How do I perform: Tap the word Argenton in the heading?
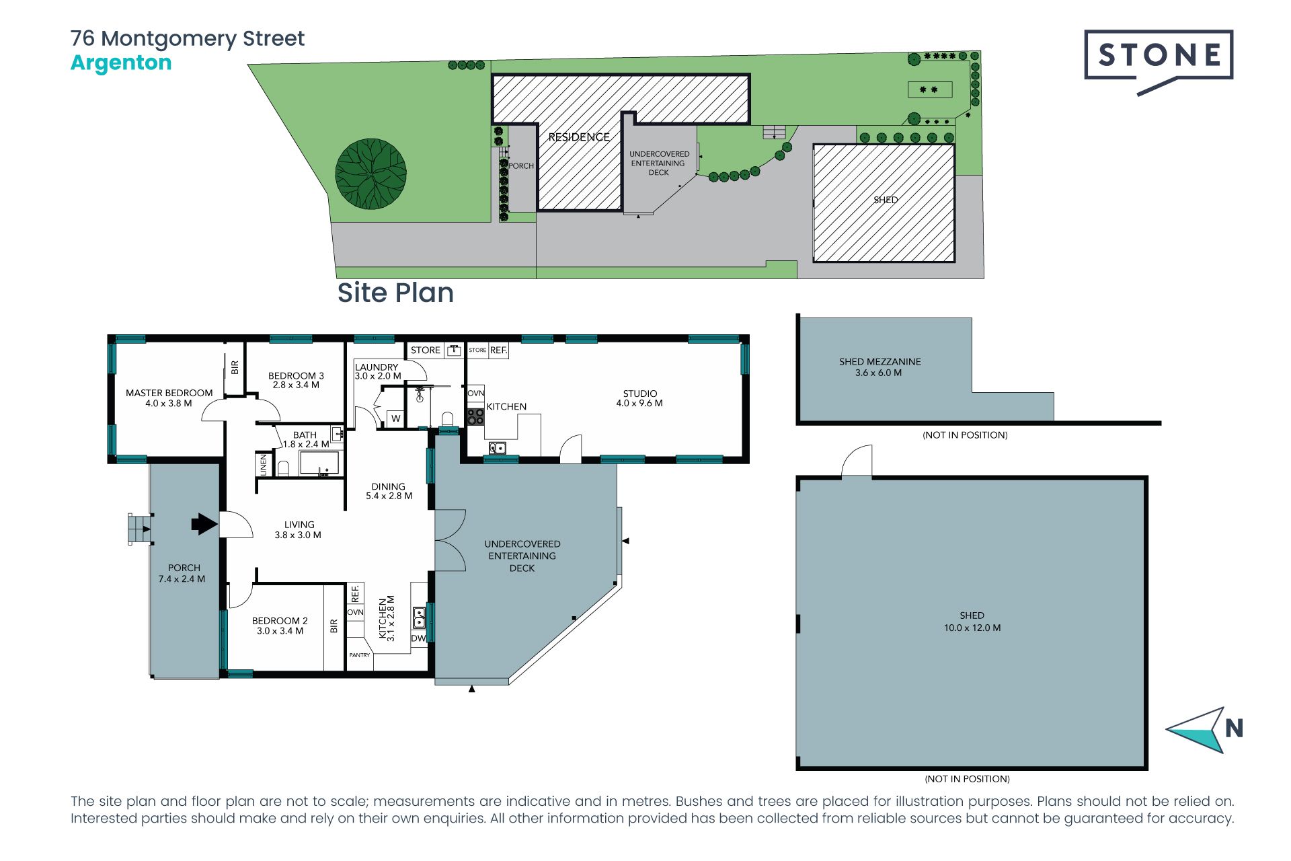tap(121, 63)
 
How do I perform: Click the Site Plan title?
tap(395, 293)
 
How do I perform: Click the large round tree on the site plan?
tap(371, 174)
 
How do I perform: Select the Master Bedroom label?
tap(169, 398)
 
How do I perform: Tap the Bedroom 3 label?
tap(296, 381)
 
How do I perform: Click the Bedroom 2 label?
tap(280, 626)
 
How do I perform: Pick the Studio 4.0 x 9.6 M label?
tap(639, 398)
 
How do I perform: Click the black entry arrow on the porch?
tap(204, 523)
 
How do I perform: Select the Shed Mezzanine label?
tap(879, 367)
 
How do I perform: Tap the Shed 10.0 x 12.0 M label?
tap(972, 622)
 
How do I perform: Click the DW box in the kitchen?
tap(418, 638)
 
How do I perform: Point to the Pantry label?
tap(360, 655)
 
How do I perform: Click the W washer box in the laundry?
tap(395, 418)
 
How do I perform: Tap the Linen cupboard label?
tap(264, 464)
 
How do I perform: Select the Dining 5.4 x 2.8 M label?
tap(389, 491)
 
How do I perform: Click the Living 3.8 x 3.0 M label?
tap(298, 530)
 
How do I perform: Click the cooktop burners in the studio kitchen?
tap(475, 416)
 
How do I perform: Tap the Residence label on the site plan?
tap(579, 137)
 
